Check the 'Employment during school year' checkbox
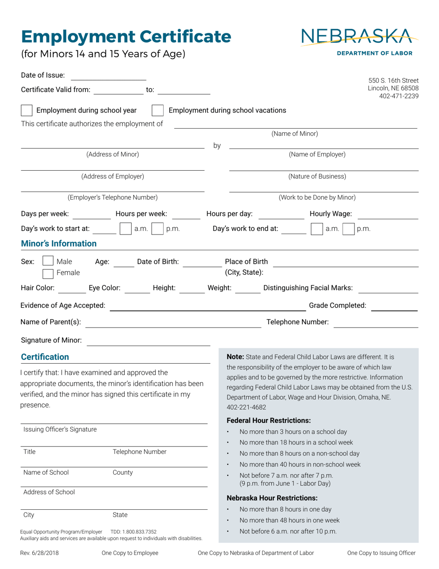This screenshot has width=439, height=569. pos(27,111)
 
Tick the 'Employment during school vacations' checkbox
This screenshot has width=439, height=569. pos(158,111)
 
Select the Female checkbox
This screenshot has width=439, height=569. pos(48,273)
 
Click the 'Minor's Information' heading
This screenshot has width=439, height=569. pos(59,243)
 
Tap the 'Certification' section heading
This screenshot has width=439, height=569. pos(45,357)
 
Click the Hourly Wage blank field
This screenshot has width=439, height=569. pos(388,214)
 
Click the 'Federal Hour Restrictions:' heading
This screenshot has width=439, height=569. pos(268,421)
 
